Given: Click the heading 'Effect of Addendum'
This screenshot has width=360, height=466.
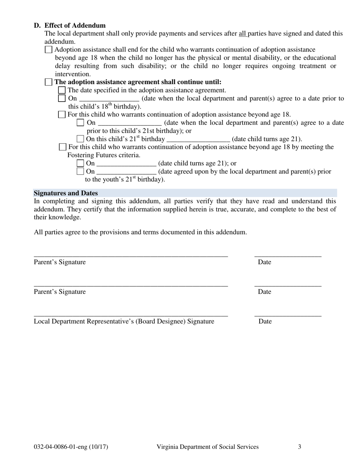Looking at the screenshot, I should click(x=75, y=25).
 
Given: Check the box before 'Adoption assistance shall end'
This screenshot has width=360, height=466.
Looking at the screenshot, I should click(x=49, y=50).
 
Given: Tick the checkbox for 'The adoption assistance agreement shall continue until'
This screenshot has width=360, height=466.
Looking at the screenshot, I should click(x=49, y=82).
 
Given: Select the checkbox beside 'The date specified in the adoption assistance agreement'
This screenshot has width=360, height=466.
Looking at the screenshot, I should click(x=62, y=90).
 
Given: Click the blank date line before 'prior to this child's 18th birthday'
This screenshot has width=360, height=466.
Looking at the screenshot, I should click(x=109, y=99).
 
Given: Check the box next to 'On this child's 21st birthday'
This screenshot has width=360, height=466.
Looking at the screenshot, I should click(x=80, y=139).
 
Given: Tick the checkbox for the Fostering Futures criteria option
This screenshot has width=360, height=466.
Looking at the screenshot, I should click(x=63, y=147).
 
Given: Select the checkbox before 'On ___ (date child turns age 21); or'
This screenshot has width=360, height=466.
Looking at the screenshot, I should click(x=80, y=163).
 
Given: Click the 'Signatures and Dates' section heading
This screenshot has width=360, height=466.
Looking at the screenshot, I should click(x=66, y=193).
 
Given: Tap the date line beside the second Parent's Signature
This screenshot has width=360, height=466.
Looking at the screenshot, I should click(x=288, y=285).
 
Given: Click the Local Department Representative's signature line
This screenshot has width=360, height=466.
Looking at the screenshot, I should click(x=131, y=314).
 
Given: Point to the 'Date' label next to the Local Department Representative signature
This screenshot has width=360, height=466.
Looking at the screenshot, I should click(x=265, y=321).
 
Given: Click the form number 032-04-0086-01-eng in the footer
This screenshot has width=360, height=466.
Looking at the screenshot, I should click(x=71, y=447).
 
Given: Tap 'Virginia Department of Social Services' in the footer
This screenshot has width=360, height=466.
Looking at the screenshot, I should click(x=208, y=447).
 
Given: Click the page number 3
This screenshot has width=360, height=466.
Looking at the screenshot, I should click(x=299, y=447).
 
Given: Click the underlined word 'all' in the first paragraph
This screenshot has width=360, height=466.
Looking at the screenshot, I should click(x=243, y=34).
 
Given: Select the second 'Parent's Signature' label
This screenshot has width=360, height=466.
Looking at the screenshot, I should click(x=60, y=292).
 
